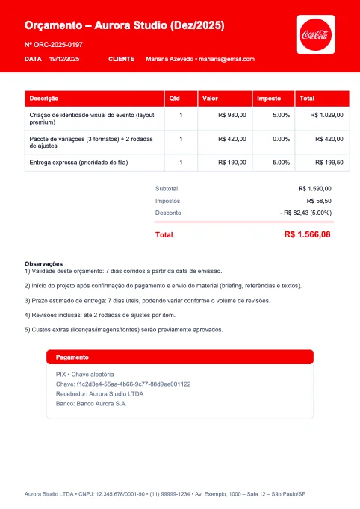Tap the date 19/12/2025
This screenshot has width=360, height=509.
pos(64,59)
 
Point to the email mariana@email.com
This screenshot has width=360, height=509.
pos(227,59)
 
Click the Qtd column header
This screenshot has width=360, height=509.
pos(174,99)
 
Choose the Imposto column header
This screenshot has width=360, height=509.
pos(268,99)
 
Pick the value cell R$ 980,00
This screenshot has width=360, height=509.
pos(232,115)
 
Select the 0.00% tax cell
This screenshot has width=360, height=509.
pos(281,138)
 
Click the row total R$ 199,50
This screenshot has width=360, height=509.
pos(329,162)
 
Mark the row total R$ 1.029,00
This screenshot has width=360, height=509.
pos(326,115)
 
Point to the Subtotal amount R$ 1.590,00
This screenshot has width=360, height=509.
pos(314,189)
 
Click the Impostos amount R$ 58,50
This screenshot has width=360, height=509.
pos(319,201)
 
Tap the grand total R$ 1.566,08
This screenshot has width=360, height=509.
pos(307,234)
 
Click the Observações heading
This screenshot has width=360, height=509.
pos(43,264)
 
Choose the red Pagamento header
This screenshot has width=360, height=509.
pos(179,357)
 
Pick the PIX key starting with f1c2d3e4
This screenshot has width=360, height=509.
pos(123,384)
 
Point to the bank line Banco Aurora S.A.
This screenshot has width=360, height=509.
pos(91,403)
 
